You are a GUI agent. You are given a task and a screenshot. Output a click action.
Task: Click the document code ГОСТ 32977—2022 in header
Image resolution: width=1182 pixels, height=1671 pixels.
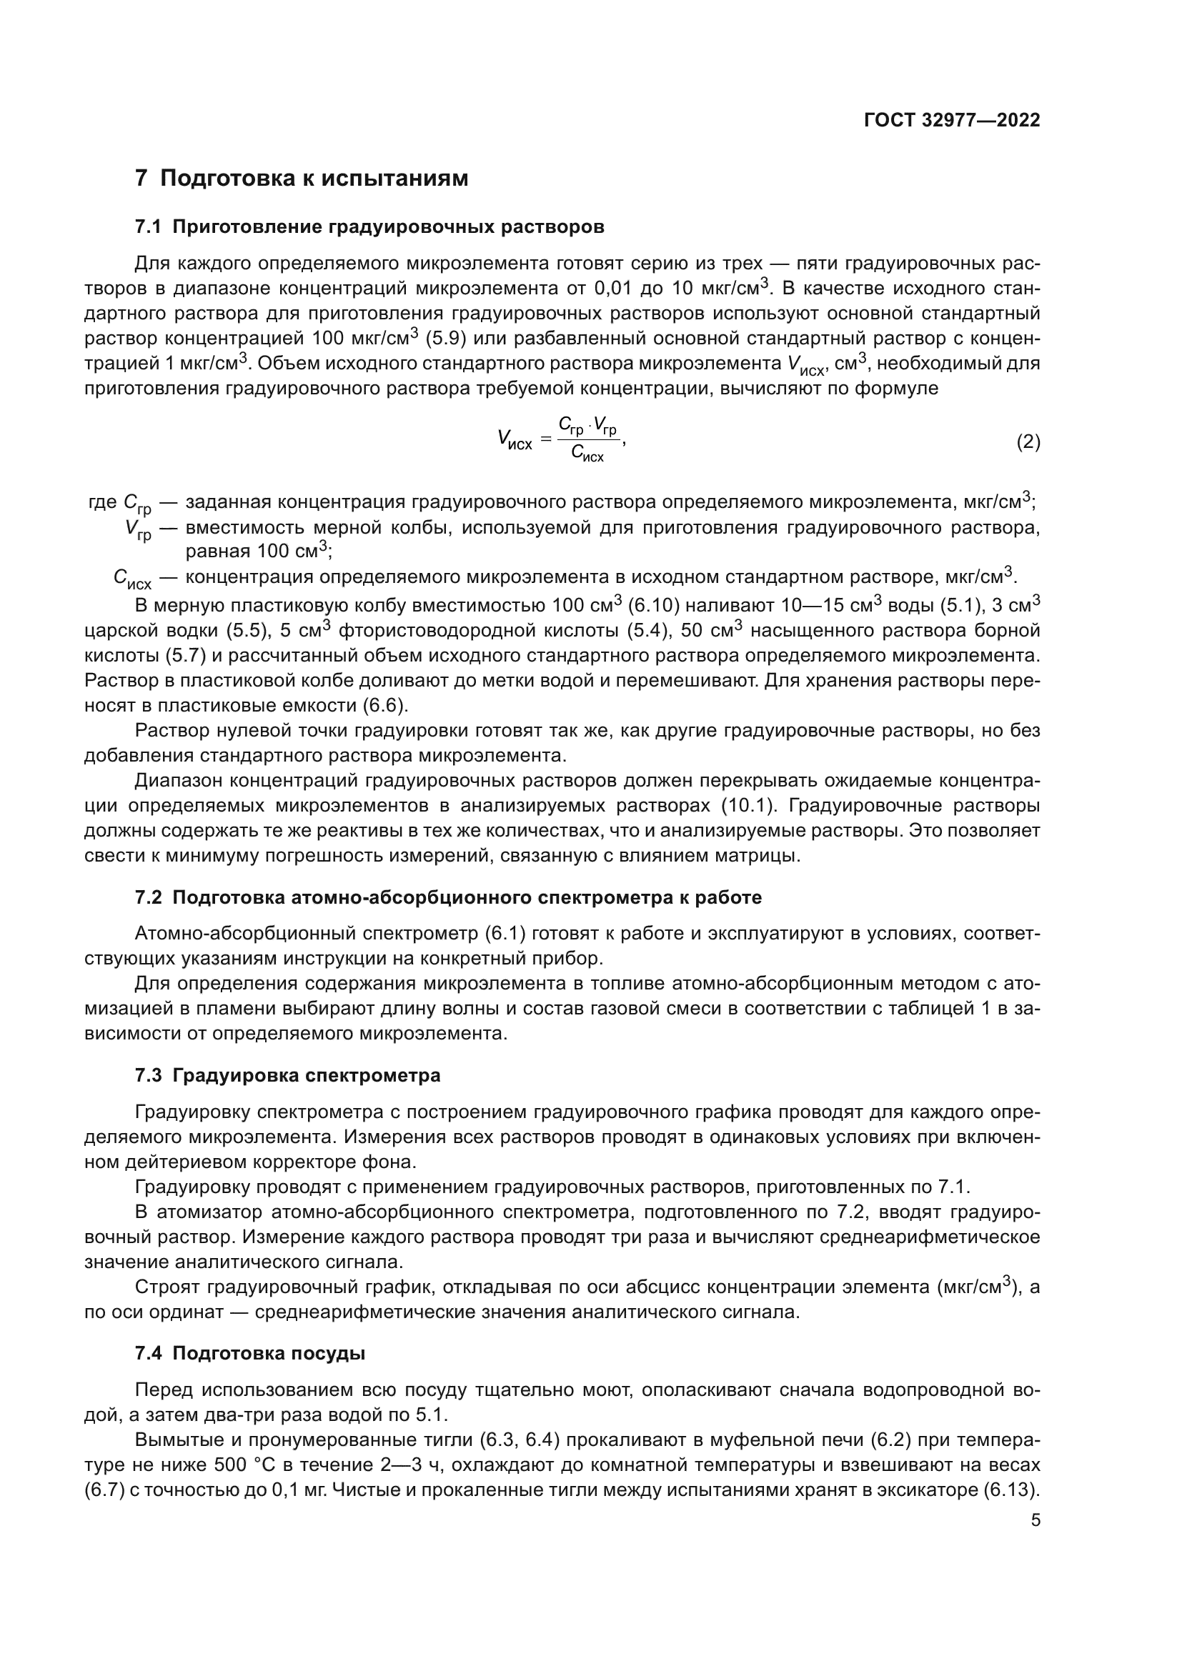click(x=952, y=120)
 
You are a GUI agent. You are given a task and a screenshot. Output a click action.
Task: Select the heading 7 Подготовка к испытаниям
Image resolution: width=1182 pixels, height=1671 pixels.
click(x=302, y=179)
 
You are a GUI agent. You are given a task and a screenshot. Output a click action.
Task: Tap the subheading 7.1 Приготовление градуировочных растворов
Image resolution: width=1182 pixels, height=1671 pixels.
click(x=369, y=227)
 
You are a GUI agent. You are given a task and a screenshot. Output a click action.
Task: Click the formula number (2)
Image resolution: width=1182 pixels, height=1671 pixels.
click(x=1028, y=442)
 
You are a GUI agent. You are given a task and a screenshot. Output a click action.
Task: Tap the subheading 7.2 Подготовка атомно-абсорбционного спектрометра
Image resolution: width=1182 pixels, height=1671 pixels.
click(x=448, y=897)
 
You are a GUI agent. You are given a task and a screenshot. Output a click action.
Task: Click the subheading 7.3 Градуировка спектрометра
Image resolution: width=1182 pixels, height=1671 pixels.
click(x=287, y=1075)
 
